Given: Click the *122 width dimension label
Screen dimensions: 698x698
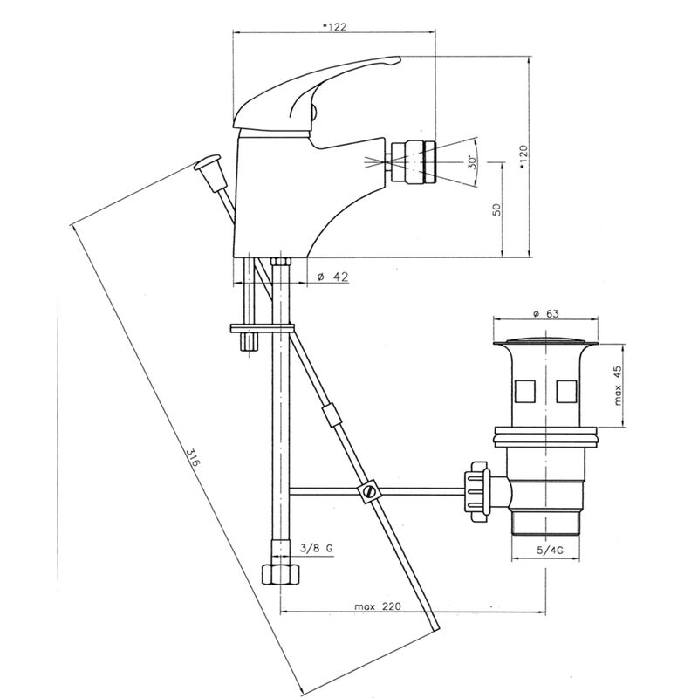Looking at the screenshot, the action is click(x=334, y=27).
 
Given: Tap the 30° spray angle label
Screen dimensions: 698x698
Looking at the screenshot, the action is click(x=472, y=161).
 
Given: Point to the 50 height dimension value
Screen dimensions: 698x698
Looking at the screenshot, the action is click(x=496, y=209).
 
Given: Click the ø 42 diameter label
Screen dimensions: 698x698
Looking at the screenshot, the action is click(x=332, y=277).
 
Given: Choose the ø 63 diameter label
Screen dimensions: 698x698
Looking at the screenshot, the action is click(x=546, y=314).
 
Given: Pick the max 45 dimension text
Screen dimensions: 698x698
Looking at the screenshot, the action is click(x=618, y=386).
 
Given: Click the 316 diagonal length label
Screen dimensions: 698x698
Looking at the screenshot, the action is click(x=193, y=457).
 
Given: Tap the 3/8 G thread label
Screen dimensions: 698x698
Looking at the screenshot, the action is click(x=316, y=549).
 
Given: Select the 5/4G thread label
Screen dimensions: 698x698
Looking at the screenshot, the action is click(x=551, y=551).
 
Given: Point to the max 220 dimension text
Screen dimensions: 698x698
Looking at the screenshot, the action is click(x=378, y=606).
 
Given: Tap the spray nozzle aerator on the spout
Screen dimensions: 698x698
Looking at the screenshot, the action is click(x=413, y=161).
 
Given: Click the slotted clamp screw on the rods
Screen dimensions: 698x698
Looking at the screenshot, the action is click(x=368, y=491).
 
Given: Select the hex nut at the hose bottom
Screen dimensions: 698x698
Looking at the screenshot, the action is click(x=280, y=575).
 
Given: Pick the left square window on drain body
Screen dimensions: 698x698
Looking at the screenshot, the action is click(x=524, y=390).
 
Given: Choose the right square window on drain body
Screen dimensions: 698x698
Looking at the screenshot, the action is click(x=566, y=390).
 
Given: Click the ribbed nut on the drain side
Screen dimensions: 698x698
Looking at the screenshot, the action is click(x=476, y=491).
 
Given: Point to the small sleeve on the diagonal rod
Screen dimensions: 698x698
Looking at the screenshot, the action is click(x=332, y=415).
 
